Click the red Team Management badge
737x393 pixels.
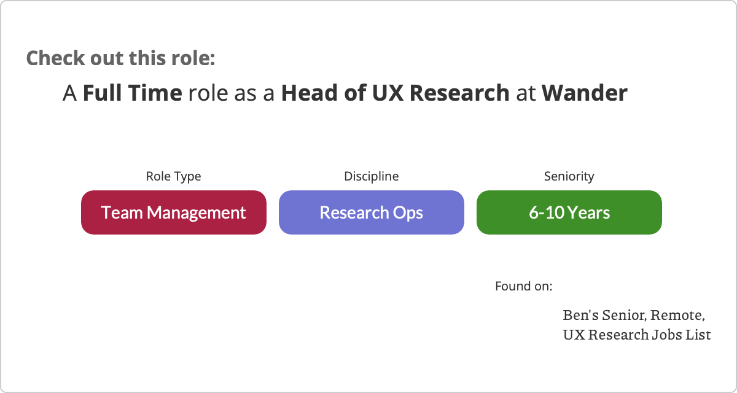pyautogui.click(x=174, y=212)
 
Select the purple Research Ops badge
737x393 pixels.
pyautogui.click(x=372, y=212)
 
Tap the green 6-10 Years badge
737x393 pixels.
pyautogui.click(x=569, y=212)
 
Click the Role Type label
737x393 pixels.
pyautogui.click(x=173, y=177)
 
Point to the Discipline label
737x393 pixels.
pyautogui.click(x=372, y=176)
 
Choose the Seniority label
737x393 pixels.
pyautogui.click(x=569, y=177)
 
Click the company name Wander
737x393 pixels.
pyautogui.click(x=585, y=93)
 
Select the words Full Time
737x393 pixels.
pyautogui.click(x=133, y=93)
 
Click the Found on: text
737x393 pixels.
pyautogui.click(x=524, y=286)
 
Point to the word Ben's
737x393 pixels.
pyautogui.click(x=581, y=315)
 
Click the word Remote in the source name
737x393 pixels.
pyautogui.click(x=677, y=316)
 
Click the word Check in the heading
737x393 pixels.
pyautogui.click(x=56, y=58)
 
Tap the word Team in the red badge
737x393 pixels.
pyautogui.click(x=122, y=212)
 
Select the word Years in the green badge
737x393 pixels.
pyautogui.click(x=589, y=212)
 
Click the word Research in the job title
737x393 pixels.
pyautogui.click(x=460, y=93)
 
